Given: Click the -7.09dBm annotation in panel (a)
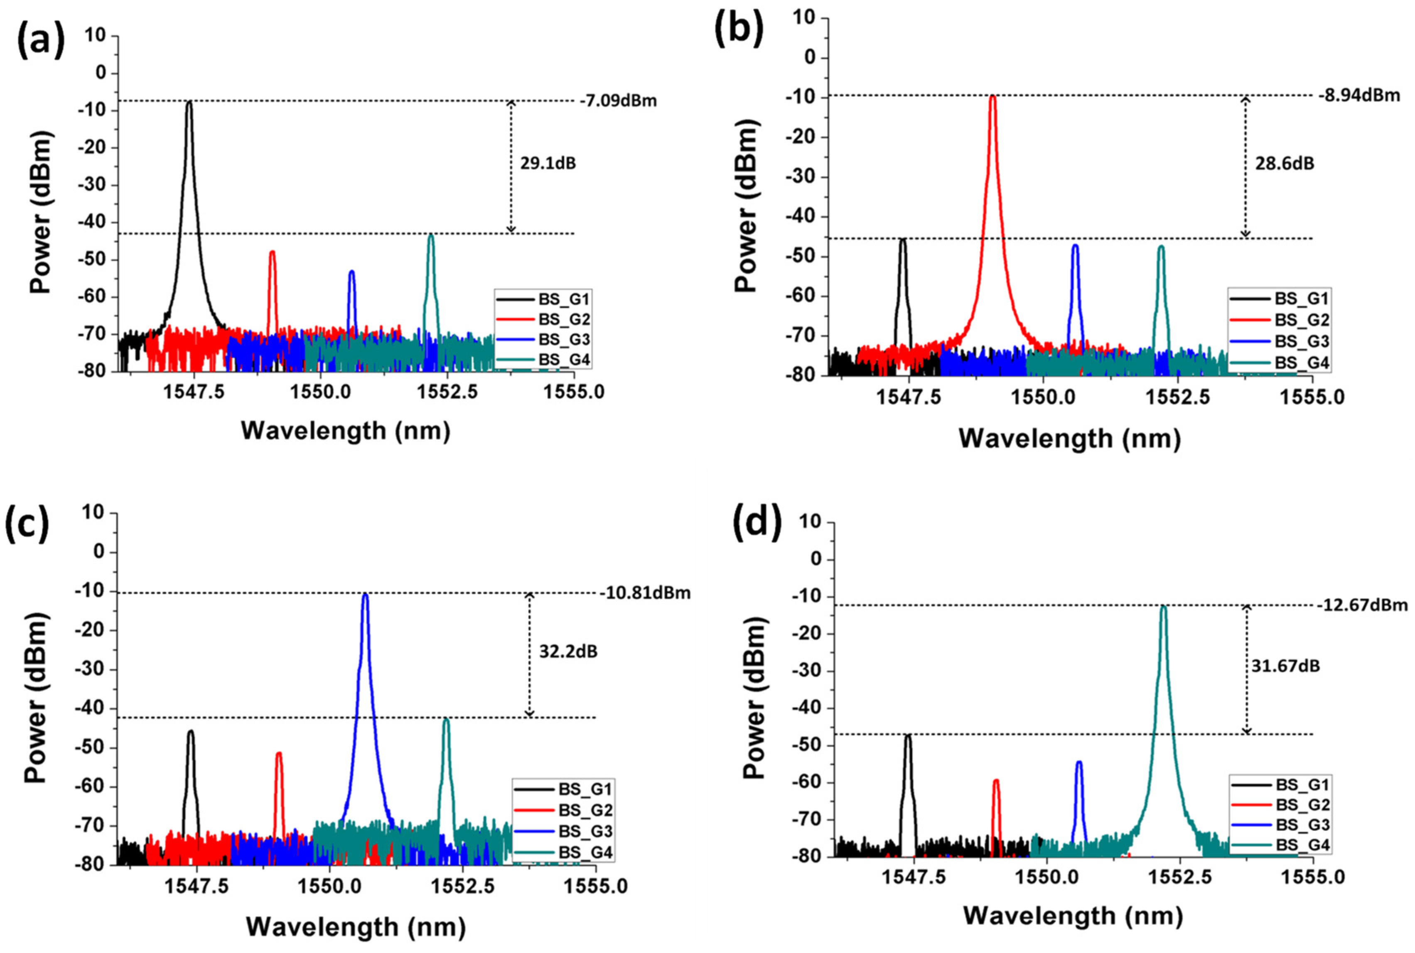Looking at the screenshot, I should [x=618, y=101].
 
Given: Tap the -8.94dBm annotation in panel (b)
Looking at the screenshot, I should [x=1359, y=96].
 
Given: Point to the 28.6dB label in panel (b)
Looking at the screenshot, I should [x=1284, y=164].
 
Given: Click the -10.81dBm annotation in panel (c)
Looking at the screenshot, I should [x=645, y=593].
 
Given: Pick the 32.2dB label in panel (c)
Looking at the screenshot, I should [x=568, y=652].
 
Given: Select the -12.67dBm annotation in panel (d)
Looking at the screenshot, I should [x=1362, y=605].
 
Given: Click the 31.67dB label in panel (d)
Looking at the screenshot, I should [x=1285, y=666].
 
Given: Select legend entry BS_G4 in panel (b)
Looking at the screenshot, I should [x=1301, y=363].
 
